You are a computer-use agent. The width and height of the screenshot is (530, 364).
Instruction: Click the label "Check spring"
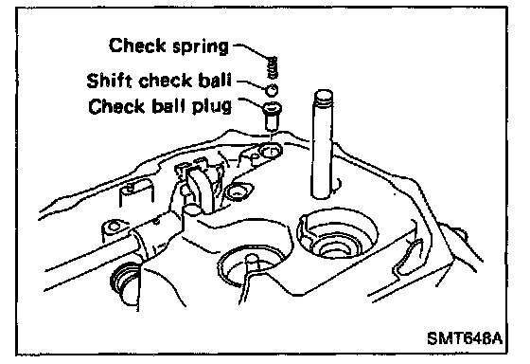168,45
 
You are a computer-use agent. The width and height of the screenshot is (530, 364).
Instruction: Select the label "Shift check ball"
159,81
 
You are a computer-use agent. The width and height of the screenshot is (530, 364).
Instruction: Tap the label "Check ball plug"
160,106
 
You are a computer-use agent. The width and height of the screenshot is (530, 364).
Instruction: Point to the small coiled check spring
273,66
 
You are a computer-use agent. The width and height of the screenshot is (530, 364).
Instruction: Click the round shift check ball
272,90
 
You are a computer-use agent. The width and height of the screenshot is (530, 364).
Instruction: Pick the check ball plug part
272,116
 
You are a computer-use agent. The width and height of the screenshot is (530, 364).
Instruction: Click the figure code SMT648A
465,337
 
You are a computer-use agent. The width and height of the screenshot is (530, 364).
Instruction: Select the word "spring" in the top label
201,47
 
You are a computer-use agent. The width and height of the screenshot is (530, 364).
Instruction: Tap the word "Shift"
109,81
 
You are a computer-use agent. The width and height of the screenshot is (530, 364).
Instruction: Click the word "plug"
212,107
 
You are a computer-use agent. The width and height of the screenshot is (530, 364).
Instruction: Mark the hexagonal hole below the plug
271,151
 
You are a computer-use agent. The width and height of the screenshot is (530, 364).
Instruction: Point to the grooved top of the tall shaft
324,98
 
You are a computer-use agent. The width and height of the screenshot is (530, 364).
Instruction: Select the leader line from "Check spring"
253,50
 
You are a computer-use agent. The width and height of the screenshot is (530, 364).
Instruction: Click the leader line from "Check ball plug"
252,102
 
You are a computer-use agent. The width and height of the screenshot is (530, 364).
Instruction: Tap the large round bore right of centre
337,234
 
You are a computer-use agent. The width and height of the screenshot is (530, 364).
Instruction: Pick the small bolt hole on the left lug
115,227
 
